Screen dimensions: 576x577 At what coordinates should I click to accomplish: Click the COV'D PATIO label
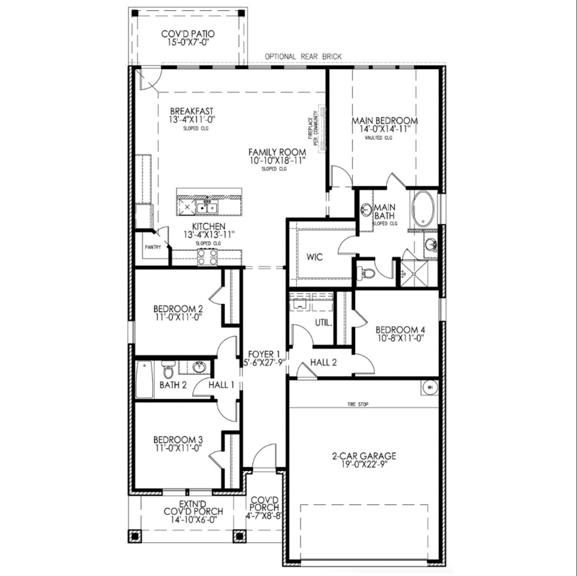point(188,34)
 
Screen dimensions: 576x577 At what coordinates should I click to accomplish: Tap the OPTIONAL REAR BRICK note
point(303,56)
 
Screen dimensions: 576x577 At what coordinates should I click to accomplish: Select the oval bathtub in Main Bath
point(423,209)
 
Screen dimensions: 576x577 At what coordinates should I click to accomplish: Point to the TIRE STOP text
point(357,404)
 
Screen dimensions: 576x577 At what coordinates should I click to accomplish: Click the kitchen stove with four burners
point(207,256)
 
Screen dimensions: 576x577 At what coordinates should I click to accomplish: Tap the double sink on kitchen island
point(207,208)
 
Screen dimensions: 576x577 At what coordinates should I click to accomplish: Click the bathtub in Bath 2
point(145,380)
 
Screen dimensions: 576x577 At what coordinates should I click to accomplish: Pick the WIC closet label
point(315,257)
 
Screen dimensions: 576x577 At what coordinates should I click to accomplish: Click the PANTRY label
point(153,247)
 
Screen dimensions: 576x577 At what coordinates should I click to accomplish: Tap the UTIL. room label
point(323,323)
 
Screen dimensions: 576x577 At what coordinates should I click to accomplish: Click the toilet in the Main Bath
point(367,274)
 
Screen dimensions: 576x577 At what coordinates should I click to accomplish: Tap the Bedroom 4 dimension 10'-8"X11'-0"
point(400,338)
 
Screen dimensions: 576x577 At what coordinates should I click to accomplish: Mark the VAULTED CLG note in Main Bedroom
point(378,137)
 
